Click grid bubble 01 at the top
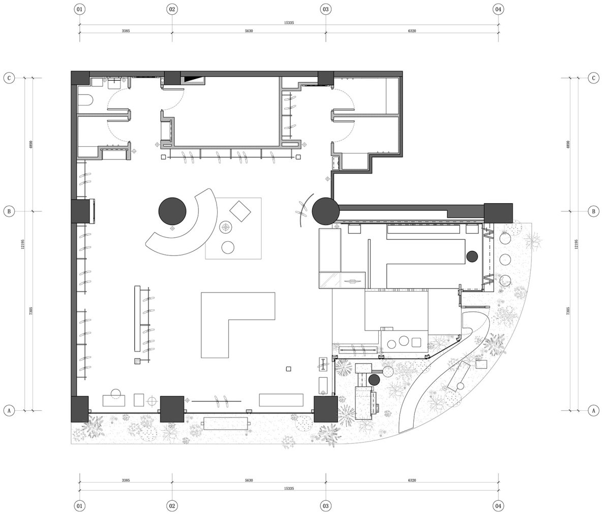tap(79, 9)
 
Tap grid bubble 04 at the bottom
tap(498, 505)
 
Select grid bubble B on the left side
tap(9, 211)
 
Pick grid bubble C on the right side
tap(593, 78)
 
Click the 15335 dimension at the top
tap(289, 22)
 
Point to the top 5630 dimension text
tap(249, 31)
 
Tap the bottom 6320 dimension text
tap(412, 480)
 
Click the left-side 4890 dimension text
tap(31, 144)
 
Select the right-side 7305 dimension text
tap(568, 311)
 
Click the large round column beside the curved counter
tap(172, 211)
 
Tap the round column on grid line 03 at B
tap(326, 211)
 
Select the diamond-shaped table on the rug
tap(240, 211)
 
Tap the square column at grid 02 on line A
tap(172, 409)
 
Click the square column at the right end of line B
tap(498, 213)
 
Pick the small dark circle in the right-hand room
tap(472, 256)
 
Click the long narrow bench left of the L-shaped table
tap(137, 319)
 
